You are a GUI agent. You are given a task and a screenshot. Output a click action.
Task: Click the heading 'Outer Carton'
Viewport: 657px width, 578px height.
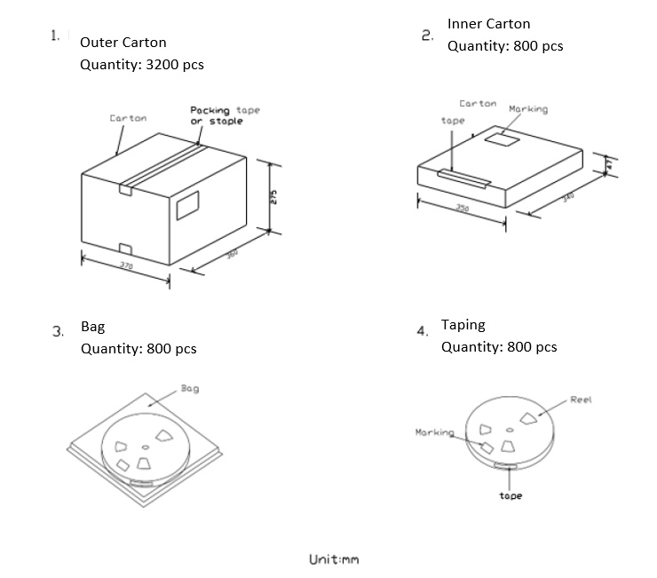click(123, 42)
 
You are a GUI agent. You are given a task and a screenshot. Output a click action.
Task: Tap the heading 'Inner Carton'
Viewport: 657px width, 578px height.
click(488, 24)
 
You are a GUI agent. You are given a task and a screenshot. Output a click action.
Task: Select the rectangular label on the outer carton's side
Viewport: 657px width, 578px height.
click(188, 206)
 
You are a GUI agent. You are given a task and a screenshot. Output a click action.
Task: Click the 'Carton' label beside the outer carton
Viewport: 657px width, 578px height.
click(128, 118)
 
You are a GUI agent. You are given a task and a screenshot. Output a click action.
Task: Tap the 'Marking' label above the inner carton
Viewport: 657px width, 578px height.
click(528, 109)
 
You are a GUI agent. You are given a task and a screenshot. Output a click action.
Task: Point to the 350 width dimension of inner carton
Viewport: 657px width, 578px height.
click(462, 208)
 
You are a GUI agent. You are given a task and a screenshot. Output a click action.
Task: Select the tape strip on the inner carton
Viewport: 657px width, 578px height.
click(463, 180)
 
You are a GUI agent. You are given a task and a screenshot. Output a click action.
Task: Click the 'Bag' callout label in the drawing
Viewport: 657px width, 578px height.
click(189, 388)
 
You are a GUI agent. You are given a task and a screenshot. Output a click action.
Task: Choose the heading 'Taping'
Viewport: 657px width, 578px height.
click(463, 325)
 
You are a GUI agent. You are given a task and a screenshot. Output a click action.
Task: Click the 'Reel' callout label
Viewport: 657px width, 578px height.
click(581, 400)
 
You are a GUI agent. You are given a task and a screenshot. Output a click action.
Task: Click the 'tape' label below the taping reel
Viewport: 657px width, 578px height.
click(511, 495)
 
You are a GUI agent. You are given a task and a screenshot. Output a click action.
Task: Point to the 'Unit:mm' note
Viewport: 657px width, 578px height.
click(334, 559)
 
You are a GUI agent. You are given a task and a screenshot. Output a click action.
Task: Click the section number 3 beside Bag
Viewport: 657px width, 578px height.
click(58, 332)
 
